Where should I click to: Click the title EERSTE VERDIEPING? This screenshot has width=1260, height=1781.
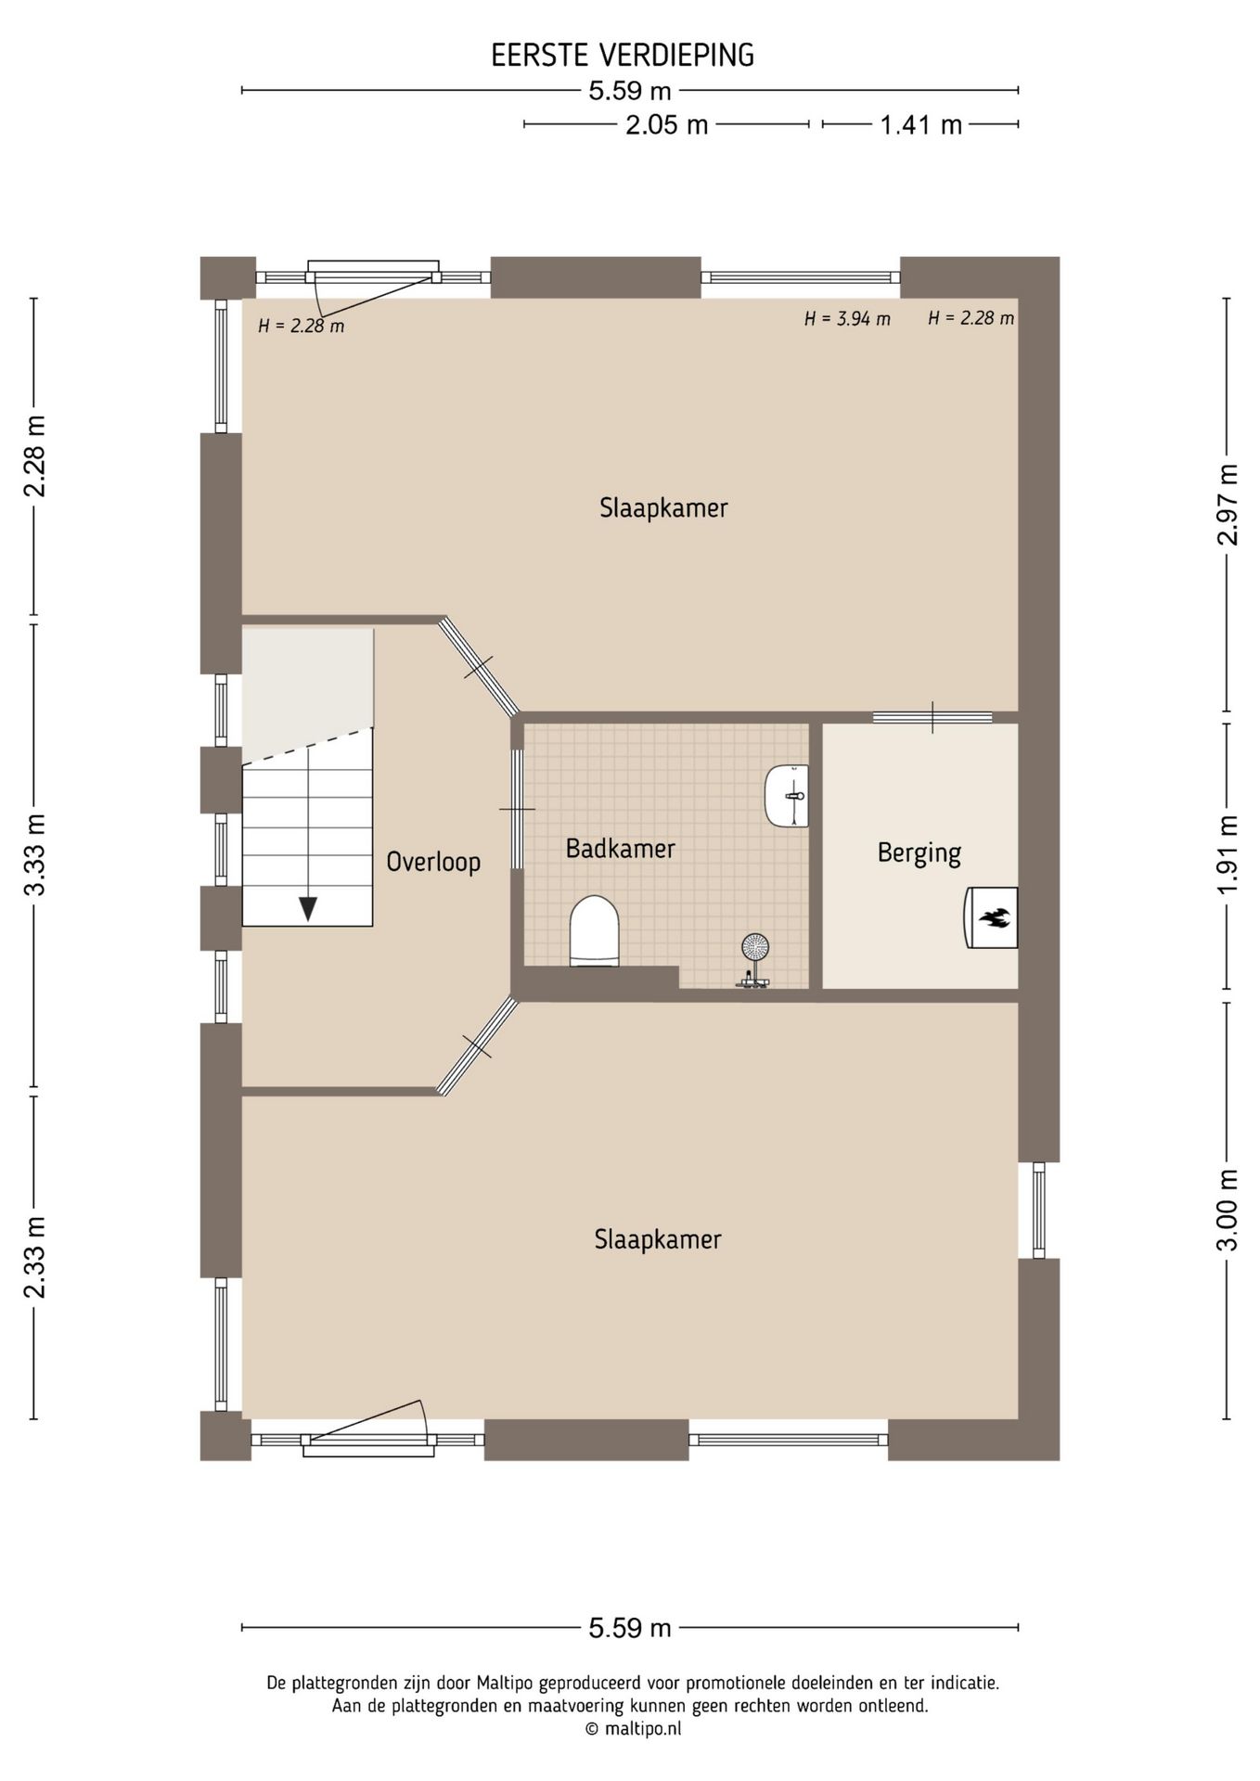pyautogui.click(x=623, y=56)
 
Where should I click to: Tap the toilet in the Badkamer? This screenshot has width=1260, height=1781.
pyautogui.click(x=594, y=931)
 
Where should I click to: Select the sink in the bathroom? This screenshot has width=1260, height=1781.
pyautogui.click(x=788, y=796)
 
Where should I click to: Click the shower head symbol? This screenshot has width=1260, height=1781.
pyautogui.click(x=755, y=948)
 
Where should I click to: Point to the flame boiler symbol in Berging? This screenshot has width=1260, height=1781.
pyautogui.click(x=992, y=918)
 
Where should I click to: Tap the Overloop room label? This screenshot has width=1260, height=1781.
pyautogui.click(x=433, y=862)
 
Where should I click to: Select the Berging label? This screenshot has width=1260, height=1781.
pyautogui.click(x=919, y=852)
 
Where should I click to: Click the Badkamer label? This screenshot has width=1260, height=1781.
pyautogui.click(x=621, y=848)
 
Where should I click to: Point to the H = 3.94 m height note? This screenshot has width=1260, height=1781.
pyautogui.click(x=847, y=319)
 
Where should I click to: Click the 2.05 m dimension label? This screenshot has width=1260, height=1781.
pyautogui.click(x=666, y=124)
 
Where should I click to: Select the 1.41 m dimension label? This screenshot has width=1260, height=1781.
pyautogui.click(x=920, y=124)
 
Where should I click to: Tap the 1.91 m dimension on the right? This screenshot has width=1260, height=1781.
pyautogui.click(x=1228, y=855)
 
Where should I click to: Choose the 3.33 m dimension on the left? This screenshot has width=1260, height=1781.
pyautogui.click(x=34, y=855)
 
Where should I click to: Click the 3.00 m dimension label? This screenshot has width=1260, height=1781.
pyautogui.click(x=1228, y=1210)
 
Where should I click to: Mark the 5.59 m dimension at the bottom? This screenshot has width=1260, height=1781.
pyautogui.click(x=630, y=1628)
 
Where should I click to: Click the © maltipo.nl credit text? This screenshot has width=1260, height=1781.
pyautogui.click(x=632, y=1728)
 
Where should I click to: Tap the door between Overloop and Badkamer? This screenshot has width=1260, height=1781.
pyautogui.click(x=518, y=809)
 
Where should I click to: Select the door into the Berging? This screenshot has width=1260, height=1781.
pyautogui.click(x=932, y=717)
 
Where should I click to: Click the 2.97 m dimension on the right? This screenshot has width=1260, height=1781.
pyautogui.click(x=1228, y=505)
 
